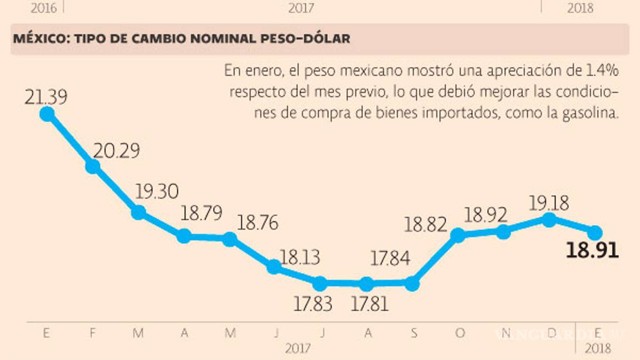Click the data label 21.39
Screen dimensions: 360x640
click(46, 97)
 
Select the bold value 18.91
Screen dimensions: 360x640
click(592, 251)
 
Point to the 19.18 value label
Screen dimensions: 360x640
click(549, 203)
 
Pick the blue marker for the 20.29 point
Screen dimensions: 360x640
click(93, 166)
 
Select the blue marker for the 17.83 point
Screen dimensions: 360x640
click(319, 283)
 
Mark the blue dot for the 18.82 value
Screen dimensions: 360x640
click(458, 235)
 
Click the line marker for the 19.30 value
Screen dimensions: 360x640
click(138, 212)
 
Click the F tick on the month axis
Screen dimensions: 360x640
click(93, 333)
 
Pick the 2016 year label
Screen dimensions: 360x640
click(44, 8)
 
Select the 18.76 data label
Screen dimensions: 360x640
click(258, 223)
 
